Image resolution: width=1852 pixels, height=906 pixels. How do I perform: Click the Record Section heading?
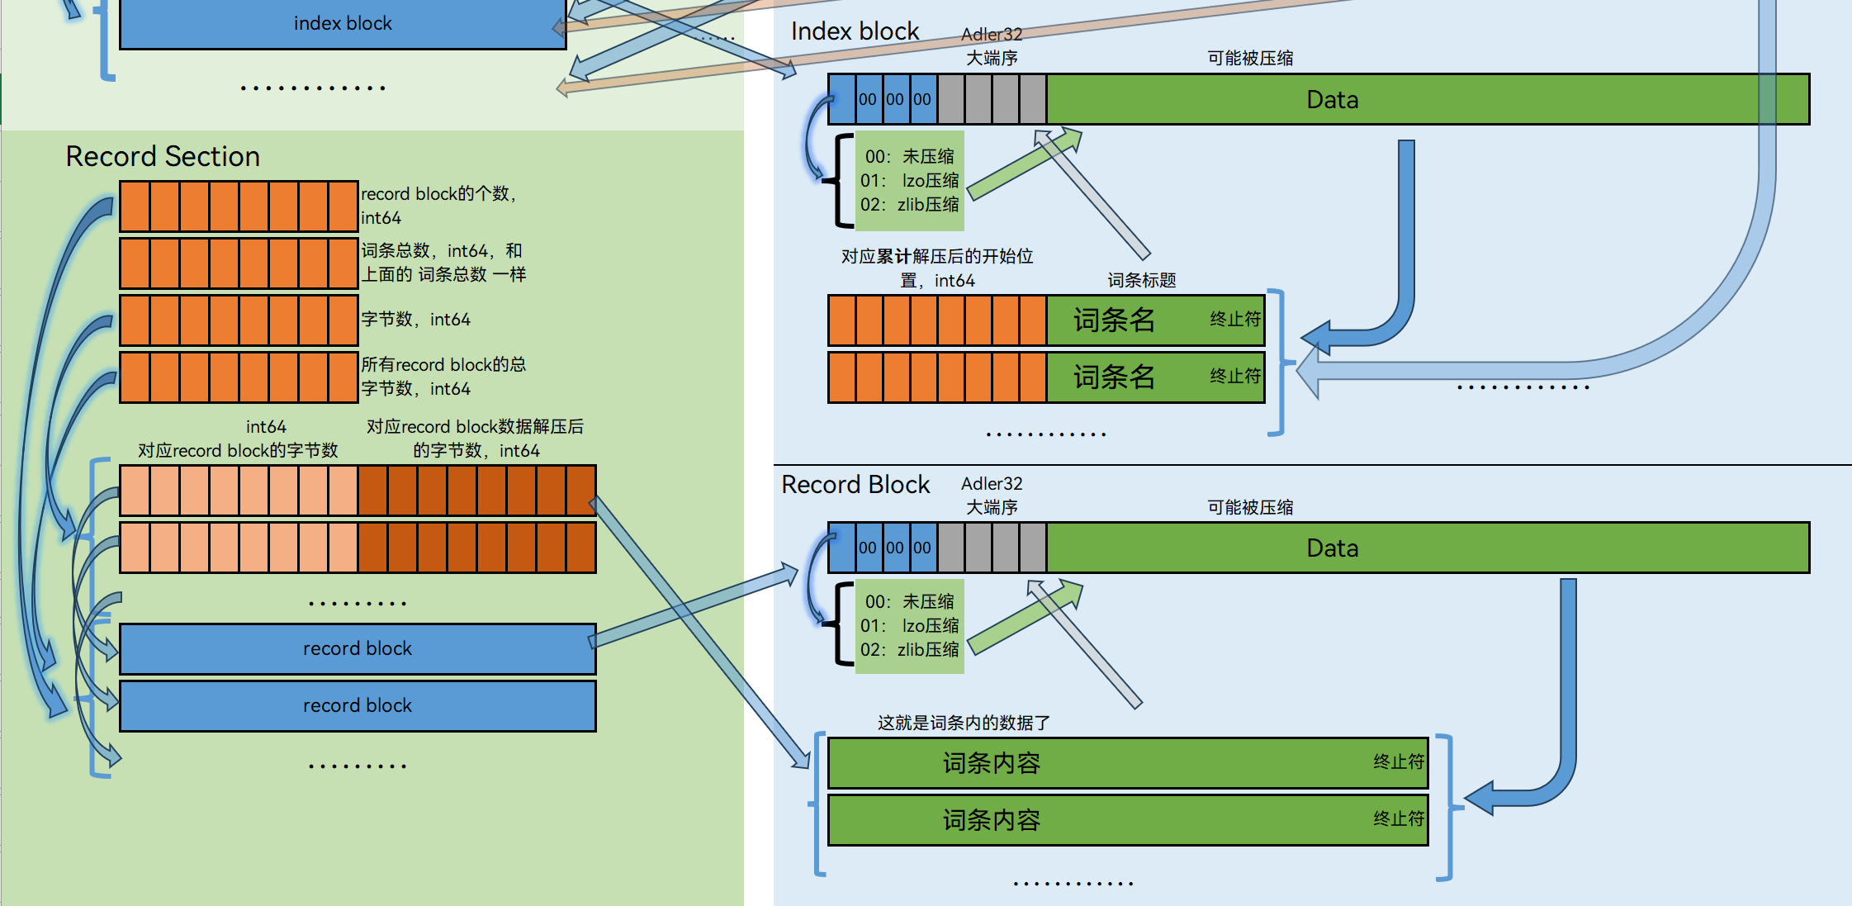coord(163,156)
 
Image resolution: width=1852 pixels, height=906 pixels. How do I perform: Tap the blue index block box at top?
coord(343,23)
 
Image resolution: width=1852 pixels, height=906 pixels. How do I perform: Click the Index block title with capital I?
coord(855,31)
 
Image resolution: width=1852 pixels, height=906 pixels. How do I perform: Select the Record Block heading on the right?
coord(855,484)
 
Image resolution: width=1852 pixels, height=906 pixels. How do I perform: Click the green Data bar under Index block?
coord(1331,100)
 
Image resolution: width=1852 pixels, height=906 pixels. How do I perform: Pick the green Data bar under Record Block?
coord(1331,548)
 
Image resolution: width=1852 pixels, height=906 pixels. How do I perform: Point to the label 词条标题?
coord(1141,280)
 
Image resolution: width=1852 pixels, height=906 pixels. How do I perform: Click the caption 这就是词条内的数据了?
coord(964,723)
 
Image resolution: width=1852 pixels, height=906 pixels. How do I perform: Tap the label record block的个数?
coord(438,194)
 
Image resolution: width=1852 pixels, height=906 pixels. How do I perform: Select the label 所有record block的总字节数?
coord(443,376)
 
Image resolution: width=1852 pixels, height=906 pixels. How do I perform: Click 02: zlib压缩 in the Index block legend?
coord(909,204)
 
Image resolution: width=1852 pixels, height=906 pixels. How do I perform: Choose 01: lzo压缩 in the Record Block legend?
coord(909,625)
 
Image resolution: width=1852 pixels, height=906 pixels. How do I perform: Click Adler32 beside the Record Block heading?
coord(991,483)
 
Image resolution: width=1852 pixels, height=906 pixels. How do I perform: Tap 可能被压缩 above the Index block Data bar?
coord(1250,58)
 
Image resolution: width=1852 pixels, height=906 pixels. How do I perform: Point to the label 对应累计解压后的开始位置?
coord(937,268)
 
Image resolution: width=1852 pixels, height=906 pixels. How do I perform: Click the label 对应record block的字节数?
coord(238,450)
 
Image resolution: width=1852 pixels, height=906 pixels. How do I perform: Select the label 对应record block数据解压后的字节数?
coord(475,438)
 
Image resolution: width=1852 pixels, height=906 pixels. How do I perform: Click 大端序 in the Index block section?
coord(992,58)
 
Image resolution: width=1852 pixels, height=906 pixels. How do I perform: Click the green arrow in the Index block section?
coord(1024,164)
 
